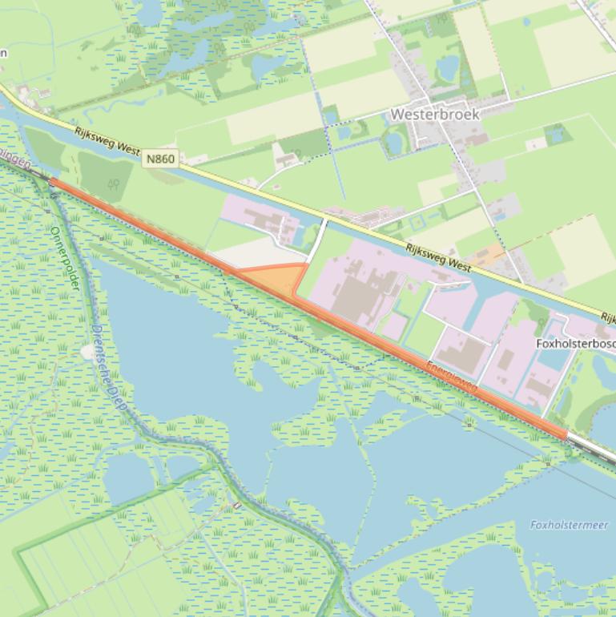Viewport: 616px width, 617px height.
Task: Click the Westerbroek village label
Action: pyautogui.click(x=435, y=115)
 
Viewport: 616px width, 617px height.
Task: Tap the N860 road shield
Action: pyautogui.click(x=159, y=159)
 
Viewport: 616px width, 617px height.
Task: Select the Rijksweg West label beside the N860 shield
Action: pyautogui.click(x=107, y=143)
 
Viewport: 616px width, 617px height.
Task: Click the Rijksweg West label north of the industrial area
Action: pyautogui.click(x=438, y=257)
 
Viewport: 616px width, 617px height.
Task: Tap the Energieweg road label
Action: pyautogui.click(x=452, y=377)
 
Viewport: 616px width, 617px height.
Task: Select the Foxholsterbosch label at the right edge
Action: pyautogui.click(x=575, y=344)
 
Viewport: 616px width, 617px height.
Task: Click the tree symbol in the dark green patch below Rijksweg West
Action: pyautogui.click(x=114, y=183)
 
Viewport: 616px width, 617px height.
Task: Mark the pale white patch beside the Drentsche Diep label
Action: pyautogui.click(x=87, y=352)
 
